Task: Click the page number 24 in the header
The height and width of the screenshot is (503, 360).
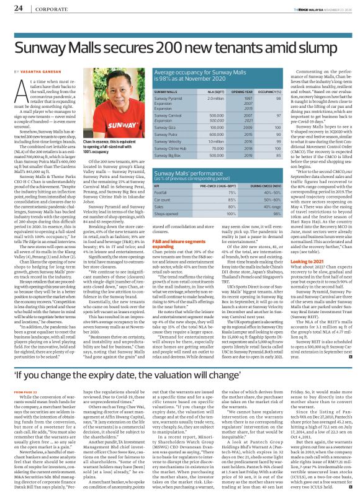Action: (x=19, y=7)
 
